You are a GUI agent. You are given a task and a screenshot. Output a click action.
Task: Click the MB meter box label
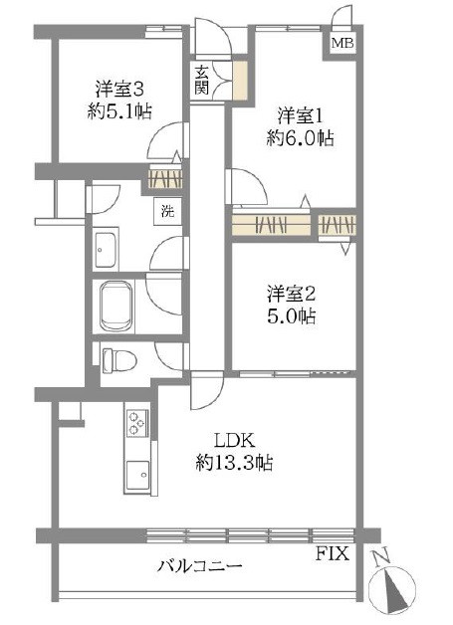point(341,43)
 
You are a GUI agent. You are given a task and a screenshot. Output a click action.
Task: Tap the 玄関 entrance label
point(202,79)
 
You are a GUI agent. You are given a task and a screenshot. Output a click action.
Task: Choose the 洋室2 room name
point(291,294)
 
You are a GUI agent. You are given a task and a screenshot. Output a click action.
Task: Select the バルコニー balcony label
point(199,566)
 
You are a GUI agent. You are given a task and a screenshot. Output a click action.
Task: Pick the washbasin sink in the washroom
point(108,249)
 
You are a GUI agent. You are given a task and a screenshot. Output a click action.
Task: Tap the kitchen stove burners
point(136,425)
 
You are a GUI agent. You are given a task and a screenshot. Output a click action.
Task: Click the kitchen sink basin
point(136,476)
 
